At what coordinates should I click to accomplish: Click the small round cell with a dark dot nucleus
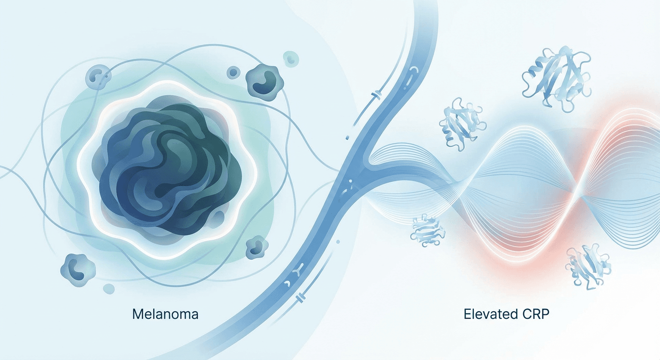coord(233,73)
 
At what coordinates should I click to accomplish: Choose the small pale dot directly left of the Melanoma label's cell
coord(109,289)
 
